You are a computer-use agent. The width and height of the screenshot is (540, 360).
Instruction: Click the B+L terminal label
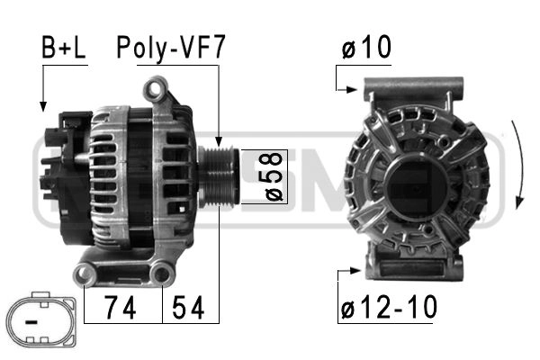[62, 49]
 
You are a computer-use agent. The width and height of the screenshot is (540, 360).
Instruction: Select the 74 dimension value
[121, 308]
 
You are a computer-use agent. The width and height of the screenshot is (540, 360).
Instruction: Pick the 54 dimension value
[190, 308]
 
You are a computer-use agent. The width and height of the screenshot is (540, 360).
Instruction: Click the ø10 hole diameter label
[365, 49]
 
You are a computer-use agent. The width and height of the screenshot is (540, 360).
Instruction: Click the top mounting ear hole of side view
[157, 88]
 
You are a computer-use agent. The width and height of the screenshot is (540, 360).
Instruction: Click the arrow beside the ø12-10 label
[347, 269]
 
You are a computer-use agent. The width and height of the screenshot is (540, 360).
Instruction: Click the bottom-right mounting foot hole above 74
[162, 273]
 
